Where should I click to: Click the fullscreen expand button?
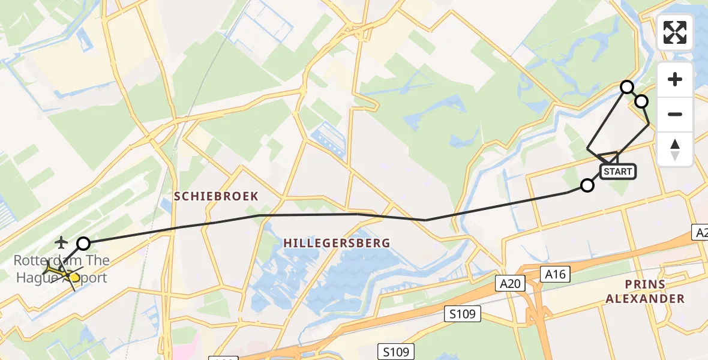coord(675,32)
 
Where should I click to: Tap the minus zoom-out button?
coord(675,114)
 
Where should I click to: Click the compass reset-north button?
coord(675,149)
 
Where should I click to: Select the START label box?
coord(617,172)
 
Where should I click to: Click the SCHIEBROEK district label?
coord(216,196)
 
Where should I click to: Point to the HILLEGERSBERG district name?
coord(337,243)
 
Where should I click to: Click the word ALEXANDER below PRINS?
coord(644,298)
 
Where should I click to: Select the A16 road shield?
coord(555,274)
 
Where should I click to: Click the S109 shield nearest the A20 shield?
coord(463,313)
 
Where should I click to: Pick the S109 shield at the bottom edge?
coord(397,351)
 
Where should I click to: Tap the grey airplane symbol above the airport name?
coord(61,242)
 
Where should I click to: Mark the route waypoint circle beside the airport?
coord(83,244)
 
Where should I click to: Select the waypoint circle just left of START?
coord(587,185)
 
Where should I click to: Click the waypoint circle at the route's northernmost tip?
coord(627,87)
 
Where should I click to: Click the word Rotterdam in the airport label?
coord(40,261)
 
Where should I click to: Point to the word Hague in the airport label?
coord(37,277)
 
